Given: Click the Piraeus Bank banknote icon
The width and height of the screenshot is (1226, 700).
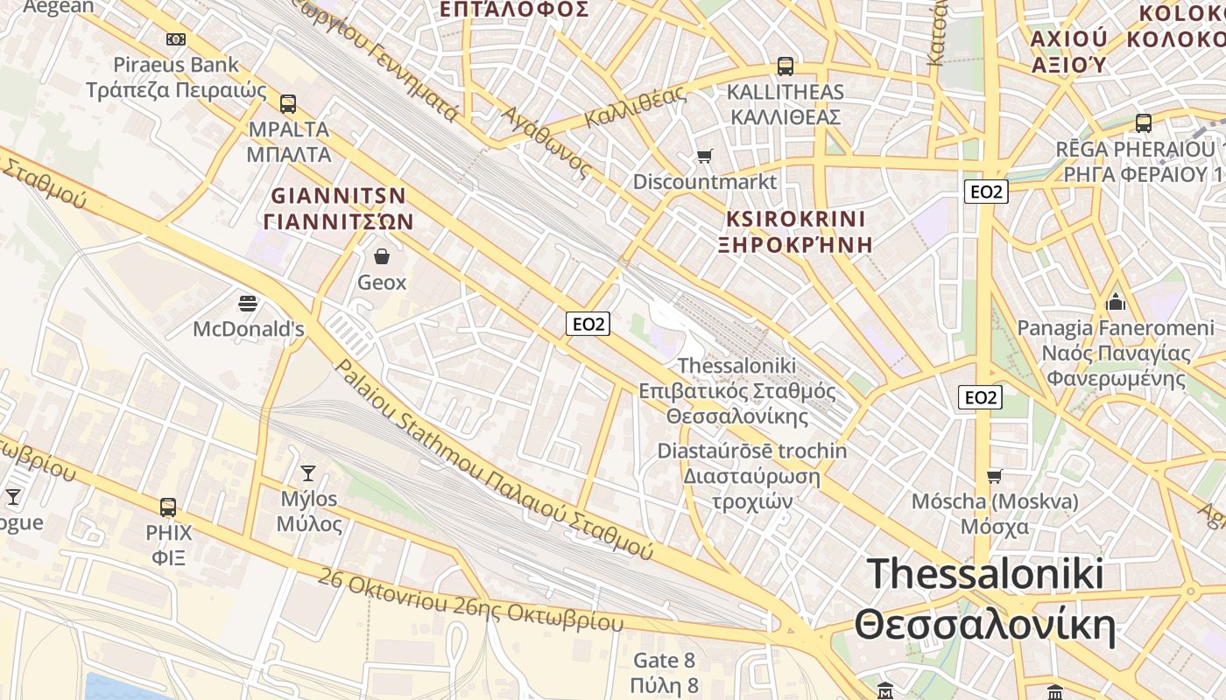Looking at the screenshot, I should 176,38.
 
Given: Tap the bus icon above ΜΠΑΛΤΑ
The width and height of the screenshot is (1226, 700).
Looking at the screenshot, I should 288,104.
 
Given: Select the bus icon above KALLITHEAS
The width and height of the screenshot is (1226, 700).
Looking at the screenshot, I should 786,66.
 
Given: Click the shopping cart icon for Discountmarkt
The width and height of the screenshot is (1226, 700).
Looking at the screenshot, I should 705,157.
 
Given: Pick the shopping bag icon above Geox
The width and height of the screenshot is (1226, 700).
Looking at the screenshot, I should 382,256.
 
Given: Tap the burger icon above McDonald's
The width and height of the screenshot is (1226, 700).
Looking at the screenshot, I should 248,304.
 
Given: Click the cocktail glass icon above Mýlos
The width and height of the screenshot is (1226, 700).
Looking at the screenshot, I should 307,473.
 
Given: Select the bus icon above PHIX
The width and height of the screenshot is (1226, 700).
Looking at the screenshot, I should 168,507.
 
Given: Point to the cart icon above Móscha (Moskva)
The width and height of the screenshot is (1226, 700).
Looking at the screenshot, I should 994,476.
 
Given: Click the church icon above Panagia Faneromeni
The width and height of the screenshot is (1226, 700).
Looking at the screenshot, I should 1116,302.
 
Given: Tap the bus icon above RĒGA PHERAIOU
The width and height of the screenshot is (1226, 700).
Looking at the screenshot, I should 1143,123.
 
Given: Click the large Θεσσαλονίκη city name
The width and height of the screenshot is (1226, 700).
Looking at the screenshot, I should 985,626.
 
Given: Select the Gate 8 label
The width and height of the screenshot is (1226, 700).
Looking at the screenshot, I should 664,660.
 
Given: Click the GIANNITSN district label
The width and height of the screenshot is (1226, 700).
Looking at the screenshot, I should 338,195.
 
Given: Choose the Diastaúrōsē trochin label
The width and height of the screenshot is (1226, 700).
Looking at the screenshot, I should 752,451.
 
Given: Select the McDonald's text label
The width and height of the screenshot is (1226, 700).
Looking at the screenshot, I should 249,330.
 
